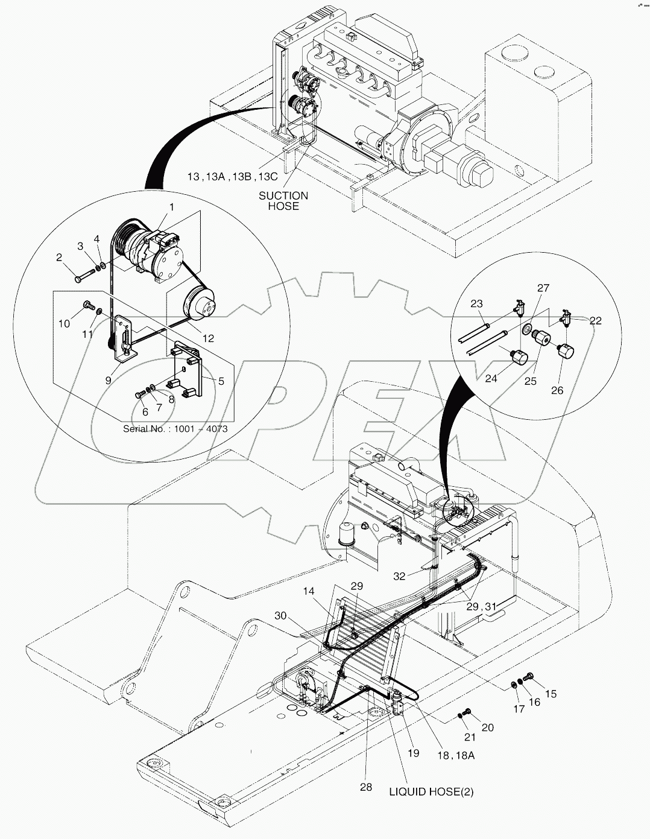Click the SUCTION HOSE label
[x=283, y=200]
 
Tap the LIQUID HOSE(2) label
[x=431, y=792]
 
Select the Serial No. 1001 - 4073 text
[x=175, y=429]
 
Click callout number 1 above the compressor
[x=172, y=207]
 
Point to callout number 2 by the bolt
[x=59, y=258]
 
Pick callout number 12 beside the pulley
[x=208, y=338]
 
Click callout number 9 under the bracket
[x=109, y=380]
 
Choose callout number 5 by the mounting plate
[x=221, y=381]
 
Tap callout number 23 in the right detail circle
[x=477, y=304]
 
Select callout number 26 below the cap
[x=557, y=390]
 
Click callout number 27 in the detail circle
[x=543, y=288]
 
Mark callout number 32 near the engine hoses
[x=399, y=576]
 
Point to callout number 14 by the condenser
[x=309, y=592]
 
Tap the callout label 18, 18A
[x=456, y=755]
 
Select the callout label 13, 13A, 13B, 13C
[x=232, y=176]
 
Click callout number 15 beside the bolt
[x=551, y=694]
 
